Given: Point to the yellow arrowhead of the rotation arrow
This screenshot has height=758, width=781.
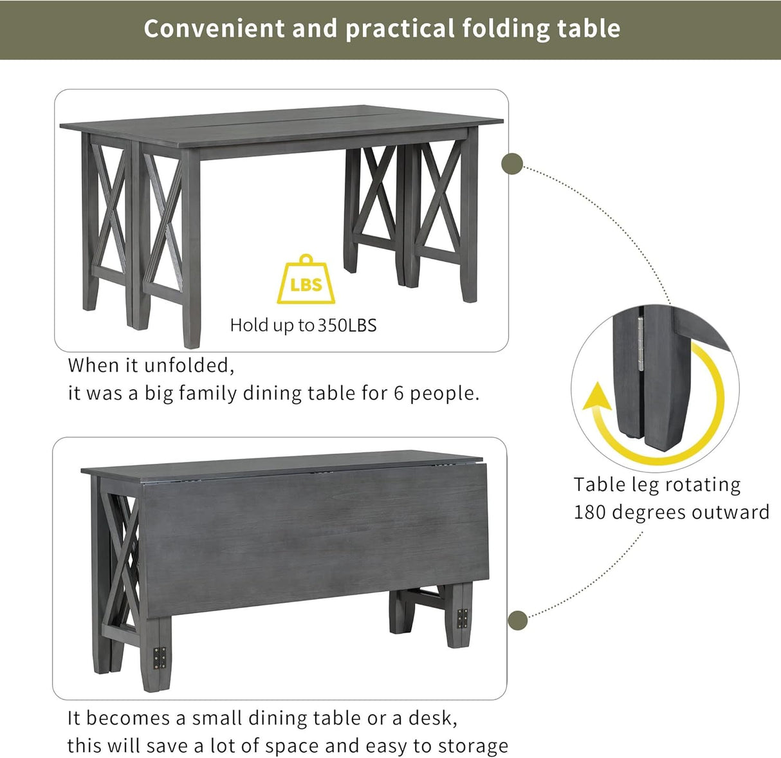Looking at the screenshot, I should pos(597,397).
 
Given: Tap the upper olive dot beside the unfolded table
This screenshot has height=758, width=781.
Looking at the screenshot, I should pos(513,163).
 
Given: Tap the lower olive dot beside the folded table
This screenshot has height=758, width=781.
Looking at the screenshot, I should pos(518,621).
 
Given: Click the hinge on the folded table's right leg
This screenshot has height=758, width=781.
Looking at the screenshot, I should pos(463,618).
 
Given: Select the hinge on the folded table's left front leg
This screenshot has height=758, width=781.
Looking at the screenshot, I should pos(160,658).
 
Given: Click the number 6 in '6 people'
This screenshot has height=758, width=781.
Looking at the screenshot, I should pos(399,393).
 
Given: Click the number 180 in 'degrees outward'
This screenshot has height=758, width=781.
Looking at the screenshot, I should pos(589,512).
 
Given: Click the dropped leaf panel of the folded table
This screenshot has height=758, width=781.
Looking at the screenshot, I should pos(309,541).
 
